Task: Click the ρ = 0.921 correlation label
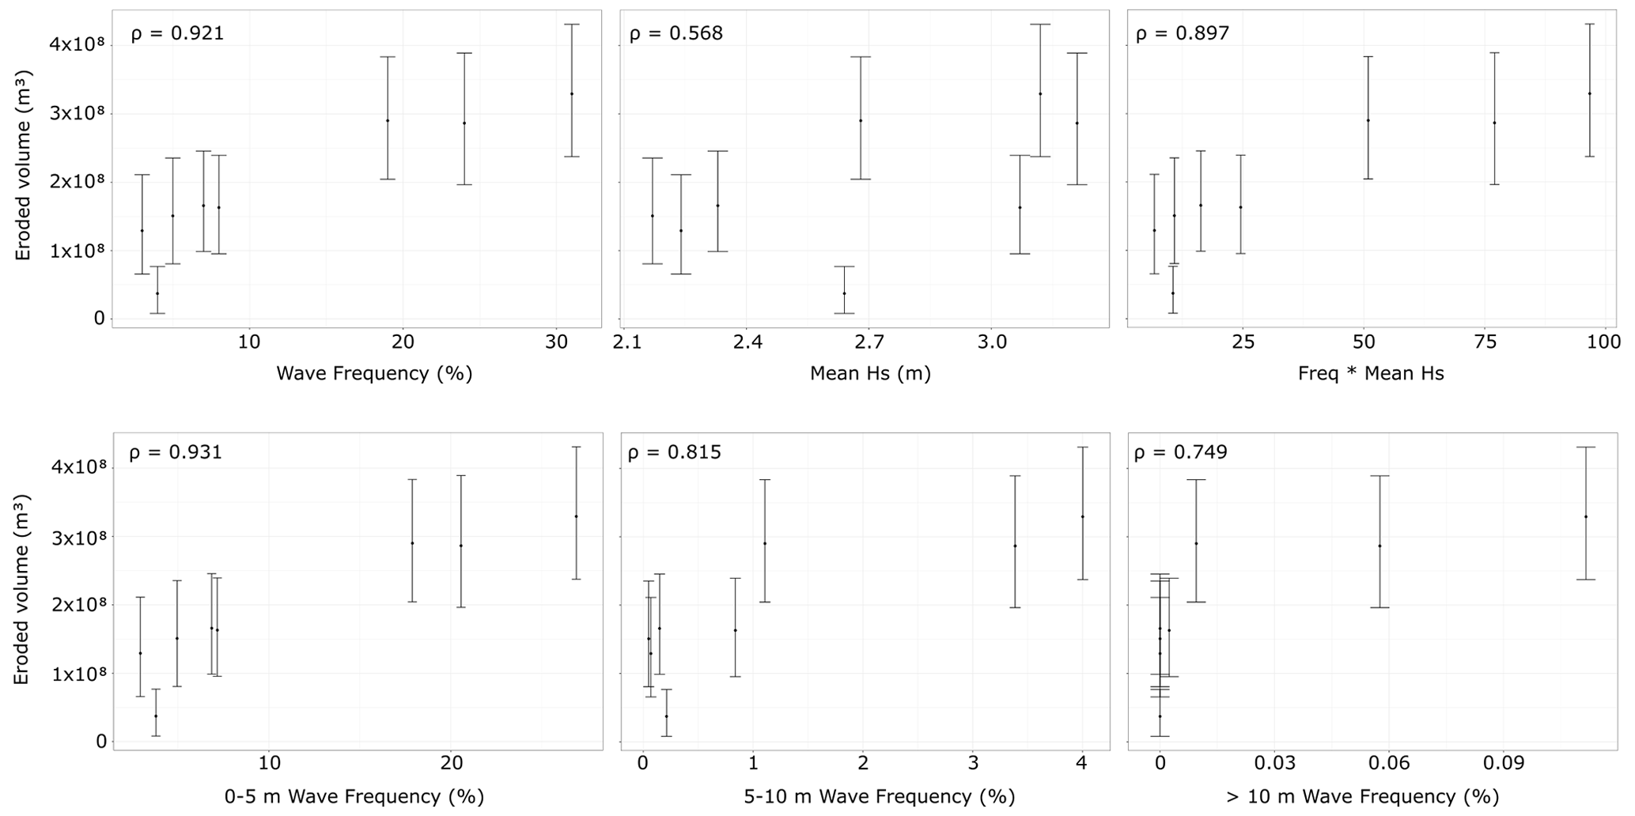(177, 33)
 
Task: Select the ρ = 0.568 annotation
(676, 33)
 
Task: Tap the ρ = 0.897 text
(1183, 33)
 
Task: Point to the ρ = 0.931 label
(176, 452)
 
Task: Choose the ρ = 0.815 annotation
(674, 452)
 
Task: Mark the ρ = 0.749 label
(1181, 452)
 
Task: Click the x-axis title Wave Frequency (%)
(374, 373)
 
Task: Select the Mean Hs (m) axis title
(870, 373)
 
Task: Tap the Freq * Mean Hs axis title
(1371, 373)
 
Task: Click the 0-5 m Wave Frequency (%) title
(354, 796)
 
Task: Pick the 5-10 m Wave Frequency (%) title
(879, 796)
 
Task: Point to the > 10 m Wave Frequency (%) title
(1362, 796)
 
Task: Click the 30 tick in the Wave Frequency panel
(557, 342)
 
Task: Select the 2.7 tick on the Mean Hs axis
(869, 342)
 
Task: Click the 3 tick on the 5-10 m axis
(973, 764)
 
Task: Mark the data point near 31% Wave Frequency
(572, 93)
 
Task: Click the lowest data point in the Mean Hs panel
(844, 293)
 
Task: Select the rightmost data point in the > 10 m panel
(1586, 516)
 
